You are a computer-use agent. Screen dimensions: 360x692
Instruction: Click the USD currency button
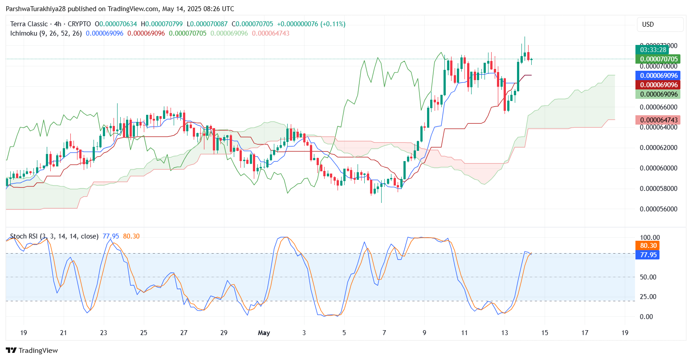(648, 24)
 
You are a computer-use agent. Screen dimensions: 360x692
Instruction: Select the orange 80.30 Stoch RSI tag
(648, 246)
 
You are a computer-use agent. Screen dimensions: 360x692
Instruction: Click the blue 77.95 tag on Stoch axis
(648, 255)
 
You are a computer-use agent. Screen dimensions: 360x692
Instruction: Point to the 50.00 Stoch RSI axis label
(647, 277)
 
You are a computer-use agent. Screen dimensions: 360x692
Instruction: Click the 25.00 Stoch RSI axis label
(647, 297)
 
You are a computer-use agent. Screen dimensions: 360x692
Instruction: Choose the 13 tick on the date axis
(505, 333)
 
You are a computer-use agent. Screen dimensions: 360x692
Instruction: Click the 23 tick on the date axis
(104, 333)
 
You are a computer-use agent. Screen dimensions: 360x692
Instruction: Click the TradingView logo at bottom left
(32, 351)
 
